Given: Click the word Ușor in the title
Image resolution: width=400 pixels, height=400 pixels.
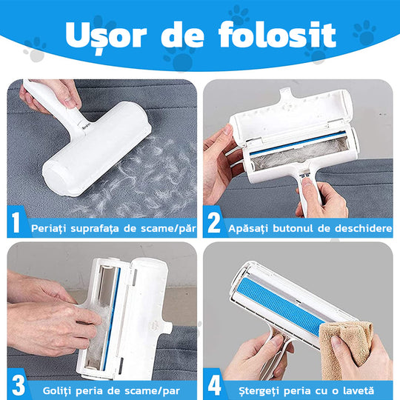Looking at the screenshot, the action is click(106, 35).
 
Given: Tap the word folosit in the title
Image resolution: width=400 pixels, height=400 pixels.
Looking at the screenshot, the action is click(277, 34).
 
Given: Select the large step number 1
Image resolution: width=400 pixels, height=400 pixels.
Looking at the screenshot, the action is click(16, 222).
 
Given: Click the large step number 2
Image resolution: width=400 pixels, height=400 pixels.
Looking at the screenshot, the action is click(214, 222).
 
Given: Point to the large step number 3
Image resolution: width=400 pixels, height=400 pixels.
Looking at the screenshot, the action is click(19, 385).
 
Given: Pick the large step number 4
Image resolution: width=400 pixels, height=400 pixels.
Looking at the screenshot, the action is click(214, 385).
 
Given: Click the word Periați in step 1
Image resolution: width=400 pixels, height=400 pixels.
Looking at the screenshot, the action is click(49, 228).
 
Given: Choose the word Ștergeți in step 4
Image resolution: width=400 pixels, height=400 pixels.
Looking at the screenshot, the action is click(259, 391).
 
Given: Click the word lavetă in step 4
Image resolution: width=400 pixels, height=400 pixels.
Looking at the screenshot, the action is click(359, 390).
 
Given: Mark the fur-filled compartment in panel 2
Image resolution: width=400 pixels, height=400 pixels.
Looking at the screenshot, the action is click(299, 154).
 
